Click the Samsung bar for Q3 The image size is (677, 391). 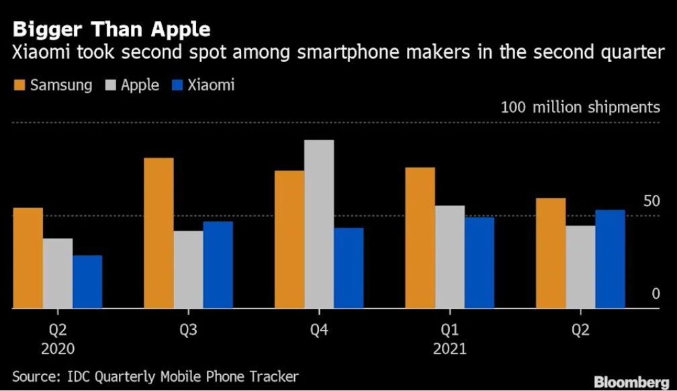(159, 233)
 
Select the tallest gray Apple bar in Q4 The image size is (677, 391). (319, 224)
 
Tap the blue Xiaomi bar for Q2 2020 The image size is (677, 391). (87, 281)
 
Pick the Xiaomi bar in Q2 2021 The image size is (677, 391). (610, 259)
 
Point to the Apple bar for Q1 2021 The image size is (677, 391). (449, 257)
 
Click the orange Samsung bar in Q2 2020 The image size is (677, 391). (28, 258)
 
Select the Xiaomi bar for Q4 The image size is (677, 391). (349, 267)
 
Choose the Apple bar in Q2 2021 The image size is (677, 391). (580, 267)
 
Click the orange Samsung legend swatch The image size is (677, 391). (19, 85)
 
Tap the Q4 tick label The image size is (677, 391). (318, 329)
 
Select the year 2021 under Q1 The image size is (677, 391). (449, 349)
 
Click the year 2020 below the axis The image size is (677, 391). (57, 349)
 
